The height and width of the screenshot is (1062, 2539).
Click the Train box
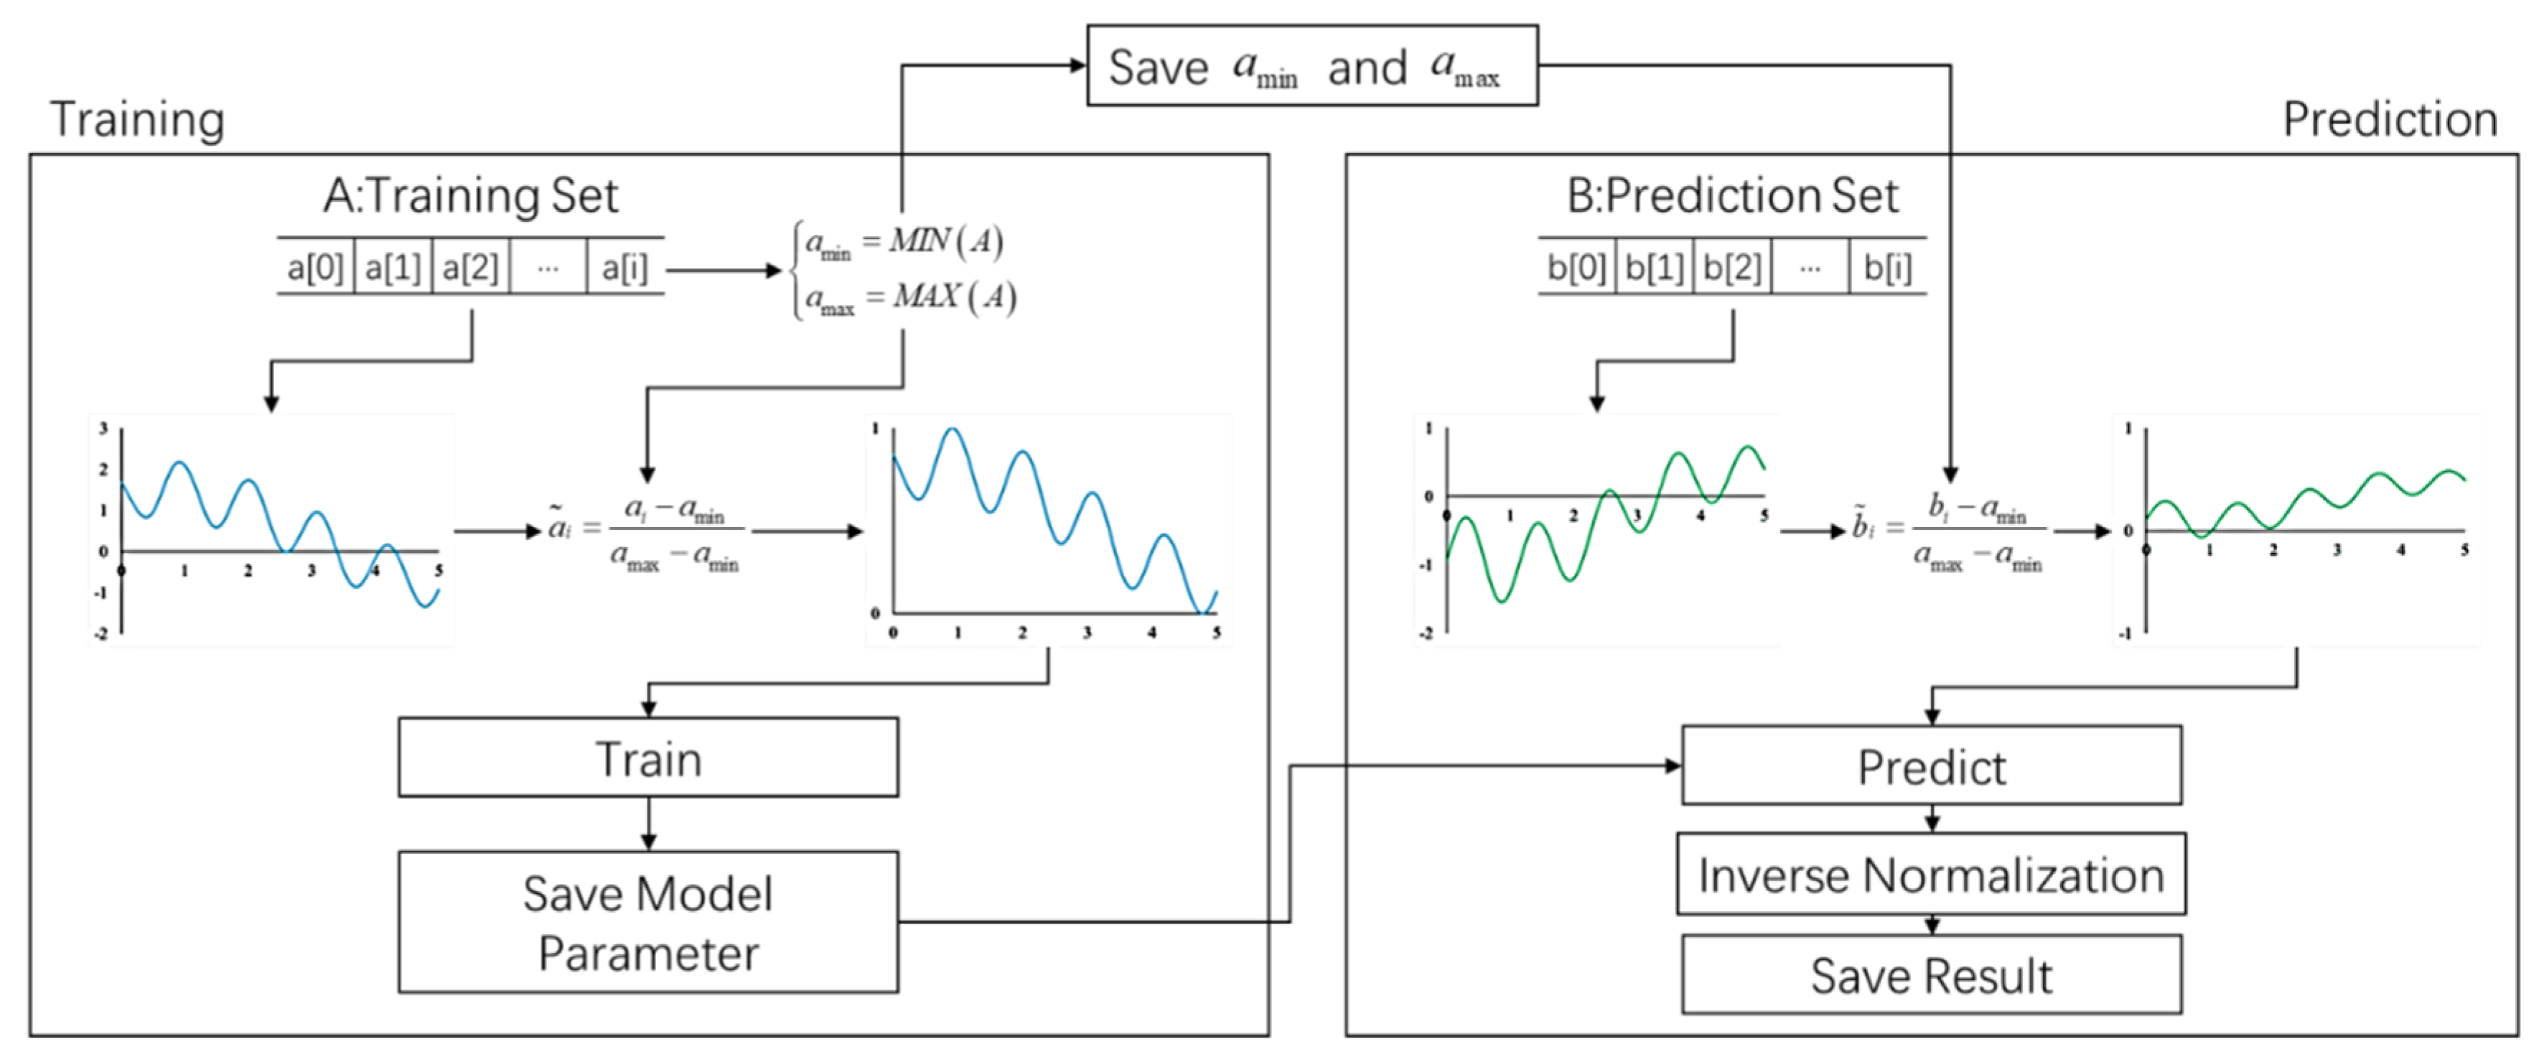point(647,758)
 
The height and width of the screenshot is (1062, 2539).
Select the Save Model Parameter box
point(647,922)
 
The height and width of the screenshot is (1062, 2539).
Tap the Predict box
point(1931,766)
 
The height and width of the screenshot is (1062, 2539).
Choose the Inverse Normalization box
point(1931,875)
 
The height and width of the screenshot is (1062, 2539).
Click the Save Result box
point(1931,975)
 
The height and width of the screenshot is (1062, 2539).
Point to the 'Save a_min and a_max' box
point(1311,66)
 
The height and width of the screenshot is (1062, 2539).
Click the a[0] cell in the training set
point(314,267)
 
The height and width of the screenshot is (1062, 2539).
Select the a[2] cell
point(470,267)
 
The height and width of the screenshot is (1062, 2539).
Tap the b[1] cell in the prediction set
point(1654,267)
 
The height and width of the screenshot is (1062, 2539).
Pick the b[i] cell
point(1887,267)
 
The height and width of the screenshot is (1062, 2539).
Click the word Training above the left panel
point(137,119)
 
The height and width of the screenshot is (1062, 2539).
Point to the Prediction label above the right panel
point(2390,119)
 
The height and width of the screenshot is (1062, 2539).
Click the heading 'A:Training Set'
point(470,195)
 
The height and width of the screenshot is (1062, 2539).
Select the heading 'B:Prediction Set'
point(1731,195)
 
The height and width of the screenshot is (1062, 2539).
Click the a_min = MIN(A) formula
point(904,241)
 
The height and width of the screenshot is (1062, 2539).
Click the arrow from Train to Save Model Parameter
point(647,824)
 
